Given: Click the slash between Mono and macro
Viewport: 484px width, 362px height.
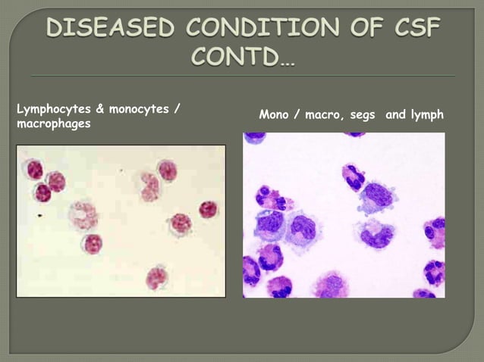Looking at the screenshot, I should pos(293,116).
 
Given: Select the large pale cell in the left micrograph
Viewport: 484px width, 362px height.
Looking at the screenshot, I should pos(83,215).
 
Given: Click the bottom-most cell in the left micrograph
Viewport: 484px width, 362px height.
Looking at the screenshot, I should pos(156,277).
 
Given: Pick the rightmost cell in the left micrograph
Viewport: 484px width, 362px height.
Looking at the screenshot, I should pos(208,210).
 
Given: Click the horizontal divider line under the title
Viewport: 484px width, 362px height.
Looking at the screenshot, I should pos(242,76).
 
